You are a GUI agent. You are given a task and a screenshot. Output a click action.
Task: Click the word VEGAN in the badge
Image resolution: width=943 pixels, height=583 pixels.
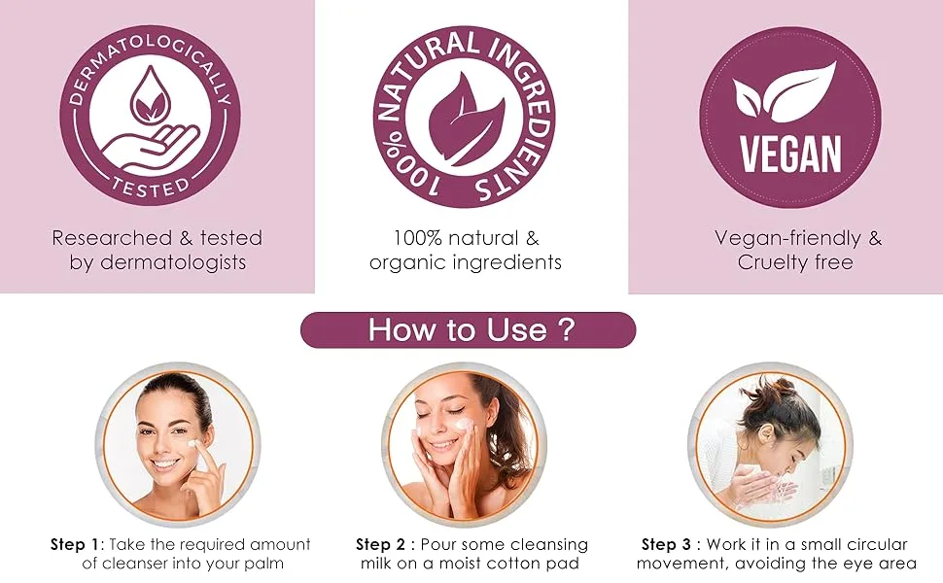pos(789,154)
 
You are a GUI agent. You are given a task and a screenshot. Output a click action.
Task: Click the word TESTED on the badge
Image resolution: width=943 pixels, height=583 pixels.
pos(151,188)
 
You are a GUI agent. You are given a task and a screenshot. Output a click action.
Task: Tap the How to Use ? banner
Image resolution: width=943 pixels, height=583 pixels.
pos(468,330)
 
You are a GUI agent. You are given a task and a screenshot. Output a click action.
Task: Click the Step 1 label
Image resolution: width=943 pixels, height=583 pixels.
pos(74,544)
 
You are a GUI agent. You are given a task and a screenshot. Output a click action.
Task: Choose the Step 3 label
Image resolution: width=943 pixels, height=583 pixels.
pos(666,544)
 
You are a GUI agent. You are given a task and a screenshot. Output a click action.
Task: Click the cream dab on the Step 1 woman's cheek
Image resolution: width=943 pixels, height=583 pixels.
pos(193,444)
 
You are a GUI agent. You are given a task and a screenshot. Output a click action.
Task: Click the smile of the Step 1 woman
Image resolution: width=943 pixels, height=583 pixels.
pos(165,464)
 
